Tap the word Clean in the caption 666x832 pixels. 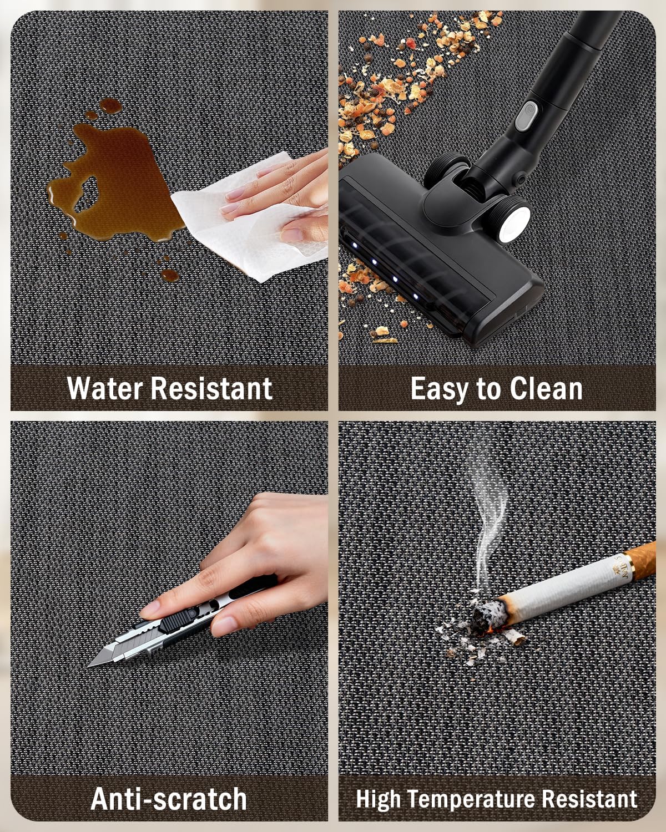[546, 388]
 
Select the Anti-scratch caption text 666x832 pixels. [169, 799]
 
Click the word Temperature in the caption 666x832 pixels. [471, 799]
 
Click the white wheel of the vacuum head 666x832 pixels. [514, 224]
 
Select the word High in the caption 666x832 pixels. [378, 799]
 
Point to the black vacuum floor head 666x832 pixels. [437, 247]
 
